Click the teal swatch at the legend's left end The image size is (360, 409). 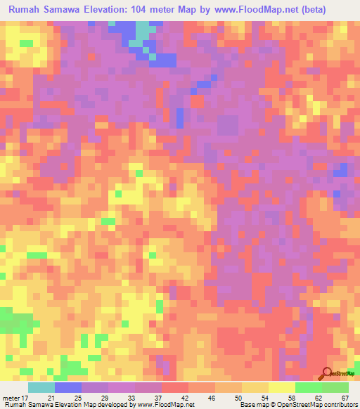tap(41, 387)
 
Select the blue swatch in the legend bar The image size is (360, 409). tap(68, 387)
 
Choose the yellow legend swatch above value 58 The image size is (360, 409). tap(281, 387)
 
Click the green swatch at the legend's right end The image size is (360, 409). tap(335, 387)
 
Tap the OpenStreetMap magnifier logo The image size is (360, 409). tap(327, 374)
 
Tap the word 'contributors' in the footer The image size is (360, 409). tap(340, 405)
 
